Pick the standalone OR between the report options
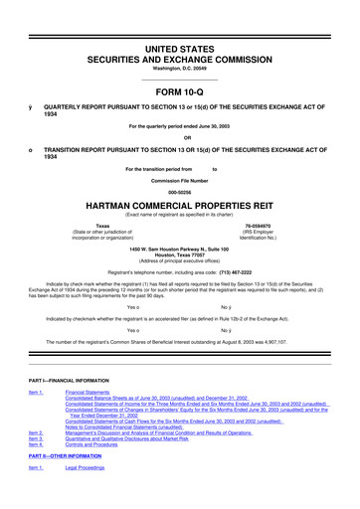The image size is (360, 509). (x=179, y=137)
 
